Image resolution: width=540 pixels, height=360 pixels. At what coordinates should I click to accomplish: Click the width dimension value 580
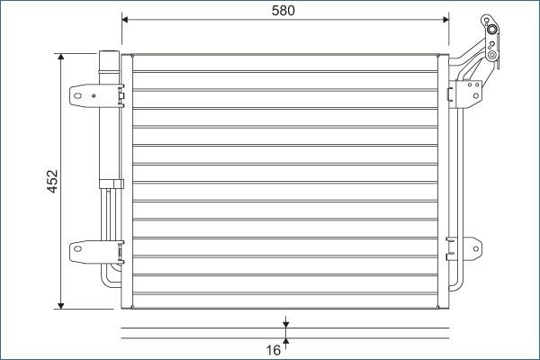tap(283, 11)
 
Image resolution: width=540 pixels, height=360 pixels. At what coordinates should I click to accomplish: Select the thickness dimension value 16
tap(274, 349)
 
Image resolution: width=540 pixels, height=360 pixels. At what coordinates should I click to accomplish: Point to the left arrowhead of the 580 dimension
tap(126, 18)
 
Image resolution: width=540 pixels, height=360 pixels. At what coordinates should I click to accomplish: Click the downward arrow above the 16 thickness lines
tap(285, 322)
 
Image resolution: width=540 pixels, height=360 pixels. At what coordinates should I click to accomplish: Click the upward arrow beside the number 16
tap(285, 340)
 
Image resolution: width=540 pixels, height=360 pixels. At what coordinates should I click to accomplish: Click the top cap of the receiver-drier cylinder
tap(108, 58)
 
